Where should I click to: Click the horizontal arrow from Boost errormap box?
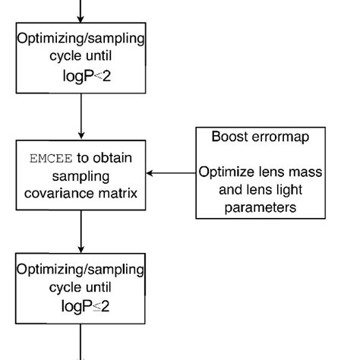171,173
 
